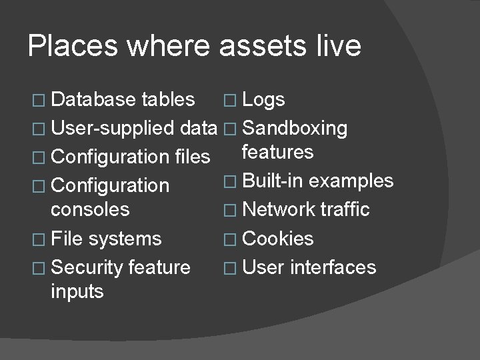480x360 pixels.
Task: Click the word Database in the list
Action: coord(94,100)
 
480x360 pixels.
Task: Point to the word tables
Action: coord(169,100)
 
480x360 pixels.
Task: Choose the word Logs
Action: coord(264,100)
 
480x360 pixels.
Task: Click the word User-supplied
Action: coord(113,129)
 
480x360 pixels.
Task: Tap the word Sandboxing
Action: coord(295,129)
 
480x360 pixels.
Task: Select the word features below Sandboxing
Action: coord(278,152)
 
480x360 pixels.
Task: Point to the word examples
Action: coord(351,181)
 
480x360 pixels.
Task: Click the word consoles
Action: coord(90,209)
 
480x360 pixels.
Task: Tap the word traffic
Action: coord(344,209)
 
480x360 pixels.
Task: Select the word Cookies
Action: coord(278,239)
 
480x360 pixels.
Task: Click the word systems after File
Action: coord(125,239)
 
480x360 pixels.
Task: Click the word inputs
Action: coord(77,291)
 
